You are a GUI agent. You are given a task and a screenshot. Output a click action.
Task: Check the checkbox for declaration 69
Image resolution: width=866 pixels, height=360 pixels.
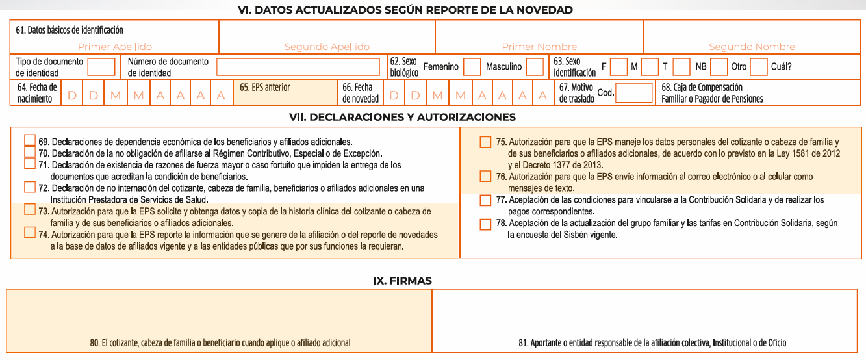[29, 140]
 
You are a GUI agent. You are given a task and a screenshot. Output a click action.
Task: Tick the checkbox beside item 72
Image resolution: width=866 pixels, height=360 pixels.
[29, 187]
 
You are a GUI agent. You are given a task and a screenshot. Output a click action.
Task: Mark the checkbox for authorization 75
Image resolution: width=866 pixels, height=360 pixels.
[485, 142]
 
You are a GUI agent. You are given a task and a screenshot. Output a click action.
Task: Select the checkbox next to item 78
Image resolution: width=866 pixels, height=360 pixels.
[485, 224]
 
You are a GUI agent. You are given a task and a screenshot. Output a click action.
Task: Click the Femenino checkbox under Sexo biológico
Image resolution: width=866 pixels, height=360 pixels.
[472, 67]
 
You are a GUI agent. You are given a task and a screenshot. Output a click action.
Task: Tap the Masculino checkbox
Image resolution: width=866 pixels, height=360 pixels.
[535, 67]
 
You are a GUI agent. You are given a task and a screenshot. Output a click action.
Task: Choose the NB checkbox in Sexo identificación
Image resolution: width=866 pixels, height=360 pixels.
[719, 67]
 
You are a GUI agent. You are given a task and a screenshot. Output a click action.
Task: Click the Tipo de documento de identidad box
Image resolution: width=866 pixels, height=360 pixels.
[101, 67]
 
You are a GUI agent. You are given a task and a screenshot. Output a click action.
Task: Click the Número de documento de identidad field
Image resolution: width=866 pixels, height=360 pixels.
[298, 67]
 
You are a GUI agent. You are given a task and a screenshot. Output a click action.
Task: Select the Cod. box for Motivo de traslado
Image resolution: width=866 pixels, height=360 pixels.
[633, 93]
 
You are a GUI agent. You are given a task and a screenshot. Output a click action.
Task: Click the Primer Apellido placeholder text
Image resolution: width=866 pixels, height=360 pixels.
[115, 47]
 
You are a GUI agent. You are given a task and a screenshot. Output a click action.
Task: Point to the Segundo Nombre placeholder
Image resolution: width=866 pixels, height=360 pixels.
[752, 47]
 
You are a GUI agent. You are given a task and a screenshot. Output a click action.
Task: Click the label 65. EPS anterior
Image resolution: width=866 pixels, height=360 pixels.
[265, 87]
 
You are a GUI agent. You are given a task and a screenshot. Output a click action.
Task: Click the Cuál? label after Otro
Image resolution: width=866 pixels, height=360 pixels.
[782, 67]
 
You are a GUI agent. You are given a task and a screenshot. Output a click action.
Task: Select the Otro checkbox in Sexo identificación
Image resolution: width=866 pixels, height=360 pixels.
[758, 67]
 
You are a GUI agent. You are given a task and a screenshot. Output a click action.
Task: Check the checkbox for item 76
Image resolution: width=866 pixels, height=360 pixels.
[485, 176]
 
